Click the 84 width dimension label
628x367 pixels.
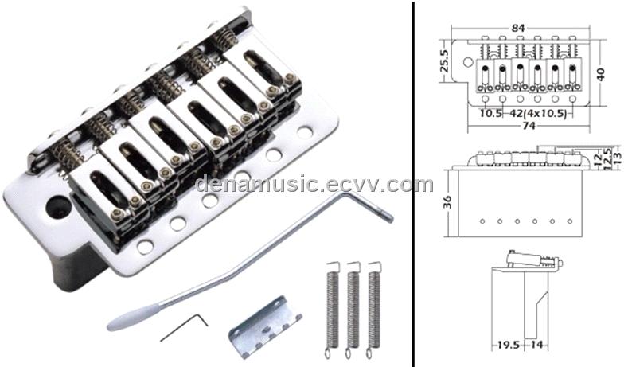(x=518, y=28)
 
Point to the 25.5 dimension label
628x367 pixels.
(x=445, y=61)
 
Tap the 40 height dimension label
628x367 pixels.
(x=600, y=74)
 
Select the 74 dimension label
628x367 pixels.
(x=529, y=126)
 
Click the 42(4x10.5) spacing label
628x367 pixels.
(x=538, y=114)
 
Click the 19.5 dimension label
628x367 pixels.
(x=508, y=345)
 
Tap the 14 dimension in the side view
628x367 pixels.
(x=537, y=345)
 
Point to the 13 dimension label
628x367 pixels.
(x=618, y=153)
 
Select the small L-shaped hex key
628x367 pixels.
(x=184, y=327)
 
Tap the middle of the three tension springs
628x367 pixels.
(x=353, y=310)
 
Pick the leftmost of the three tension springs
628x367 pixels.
(x=332, y=310)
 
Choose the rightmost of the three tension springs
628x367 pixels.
(x=373, y=310)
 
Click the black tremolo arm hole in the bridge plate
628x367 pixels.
(x=58, y=207)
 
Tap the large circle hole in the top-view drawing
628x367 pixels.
(x=467, y=62)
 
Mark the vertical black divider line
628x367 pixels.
(x=412, y=183)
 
